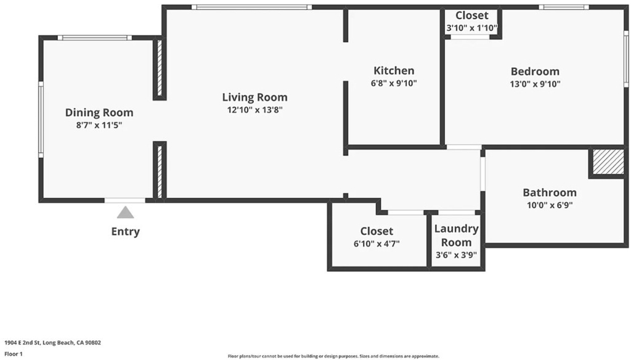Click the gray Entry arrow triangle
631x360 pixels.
tap(125, 213)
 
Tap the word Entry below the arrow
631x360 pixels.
tap(126, 232)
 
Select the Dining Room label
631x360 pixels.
tap(99, 112)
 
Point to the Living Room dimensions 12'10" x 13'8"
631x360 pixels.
tap(254, 110)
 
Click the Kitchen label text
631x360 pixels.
tap(394, 70)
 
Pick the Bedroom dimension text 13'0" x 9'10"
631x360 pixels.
tap(535, 84)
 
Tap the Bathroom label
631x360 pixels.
tap(550, 192)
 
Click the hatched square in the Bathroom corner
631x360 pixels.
tap(608, 162)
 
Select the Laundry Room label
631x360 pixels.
tap(457, 235)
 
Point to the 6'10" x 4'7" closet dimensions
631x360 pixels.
tap(377, 243)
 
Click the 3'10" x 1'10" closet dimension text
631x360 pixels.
tap(472, 28)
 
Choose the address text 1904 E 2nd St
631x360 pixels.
tap(22, 343)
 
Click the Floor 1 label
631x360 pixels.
tap(14, 354)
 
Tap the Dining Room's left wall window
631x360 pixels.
tap(41, 120)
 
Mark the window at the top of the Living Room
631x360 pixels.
tap(251, 7)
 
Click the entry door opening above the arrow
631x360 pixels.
tap(125, 200)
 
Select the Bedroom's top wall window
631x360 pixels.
tap(564, 7)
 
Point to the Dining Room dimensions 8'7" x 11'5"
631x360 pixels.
tap(99, 125)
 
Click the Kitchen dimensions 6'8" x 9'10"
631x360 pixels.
tap(394, 83)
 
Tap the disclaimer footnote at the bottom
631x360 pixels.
tap(333, 356)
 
